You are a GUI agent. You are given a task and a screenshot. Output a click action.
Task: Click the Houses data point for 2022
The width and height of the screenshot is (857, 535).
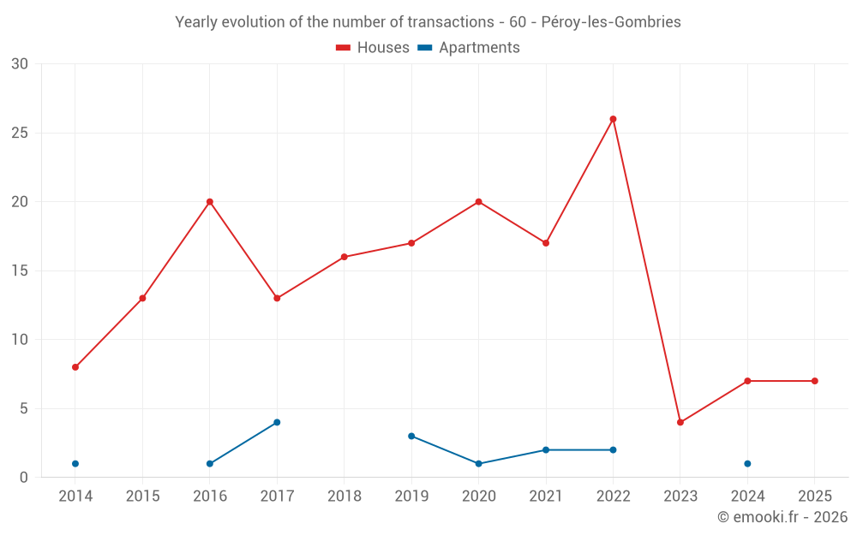pyautogui.click(x=613, y=119)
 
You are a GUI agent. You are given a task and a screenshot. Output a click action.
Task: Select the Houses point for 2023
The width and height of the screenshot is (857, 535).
pyautogui.click(x=680, y=422)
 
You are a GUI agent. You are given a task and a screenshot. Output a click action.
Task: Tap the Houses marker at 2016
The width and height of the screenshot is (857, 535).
pyautogui.click(x=210, y=202)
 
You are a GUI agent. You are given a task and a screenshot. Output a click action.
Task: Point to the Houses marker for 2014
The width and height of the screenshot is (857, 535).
pyautogui.click(x=75, y=367)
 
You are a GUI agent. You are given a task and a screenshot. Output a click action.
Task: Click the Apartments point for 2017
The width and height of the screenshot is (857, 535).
pyautogui.click(x=277, y=422)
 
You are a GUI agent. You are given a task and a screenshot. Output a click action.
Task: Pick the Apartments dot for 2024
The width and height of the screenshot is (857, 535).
pyautogui.click(x=747, y=464)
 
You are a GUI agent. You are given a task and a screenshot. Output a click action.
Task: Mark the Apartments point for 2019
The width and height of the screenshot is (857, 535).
pyautogui.click(x=411, y=436)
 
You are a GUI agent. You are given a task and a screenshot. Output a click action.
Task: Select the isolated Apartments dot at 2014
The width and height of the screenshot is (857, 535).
pyautogui.click(x=75, y=464)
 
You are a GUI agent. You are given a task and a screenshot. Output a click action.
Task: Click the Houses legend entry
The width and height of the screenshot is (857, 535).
pyautogui.click(x=373, y=48)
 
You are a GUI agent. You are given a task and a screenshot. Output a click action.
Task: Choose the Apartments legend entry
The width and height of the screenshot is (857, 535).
pyautogui.click(x=469, y=48)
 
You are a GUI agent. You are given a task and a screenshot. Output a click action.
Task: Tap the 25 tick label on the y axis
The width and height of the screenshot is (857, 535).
pyautogui.click(x=20, y=133)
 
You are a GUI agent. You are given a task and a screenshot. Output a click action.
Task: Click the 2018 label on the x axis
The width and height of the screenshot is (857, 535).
pyautogui.click(x=344, y=496)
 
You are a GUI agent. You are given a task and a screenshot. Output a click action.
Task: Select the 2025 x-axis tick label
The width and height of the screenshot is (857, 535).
pyautogui.click(x=814, y=496)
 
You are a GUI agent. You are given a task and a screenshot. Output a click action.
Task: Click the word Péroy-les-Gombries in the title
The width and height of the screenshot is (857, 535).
pyautogui.click(x=611, y=22)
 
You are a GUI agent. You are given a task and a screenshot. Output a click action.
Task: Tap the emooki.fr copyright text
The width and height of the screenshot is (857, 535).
pyautogui.click(x=782, y=517)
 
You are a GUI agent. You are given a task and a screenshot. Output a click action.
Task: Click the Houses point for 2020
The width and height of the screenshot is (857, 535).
pyautogui.click(x=478, y=202)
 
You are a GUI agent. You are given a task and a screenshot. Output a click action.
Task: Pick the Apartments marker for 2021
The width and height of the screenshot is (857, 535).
pyautogui.click(x=546, y=449)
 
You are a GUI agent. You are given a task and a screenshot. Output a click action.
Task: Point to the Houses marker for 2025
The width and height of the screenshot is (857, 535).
pyautogui.click(x=814, y=381)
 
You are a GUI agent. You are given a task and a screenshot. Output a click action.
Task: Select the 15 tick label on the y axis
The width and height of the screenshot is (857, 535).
pyautogui.click(x=20, y=270)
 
